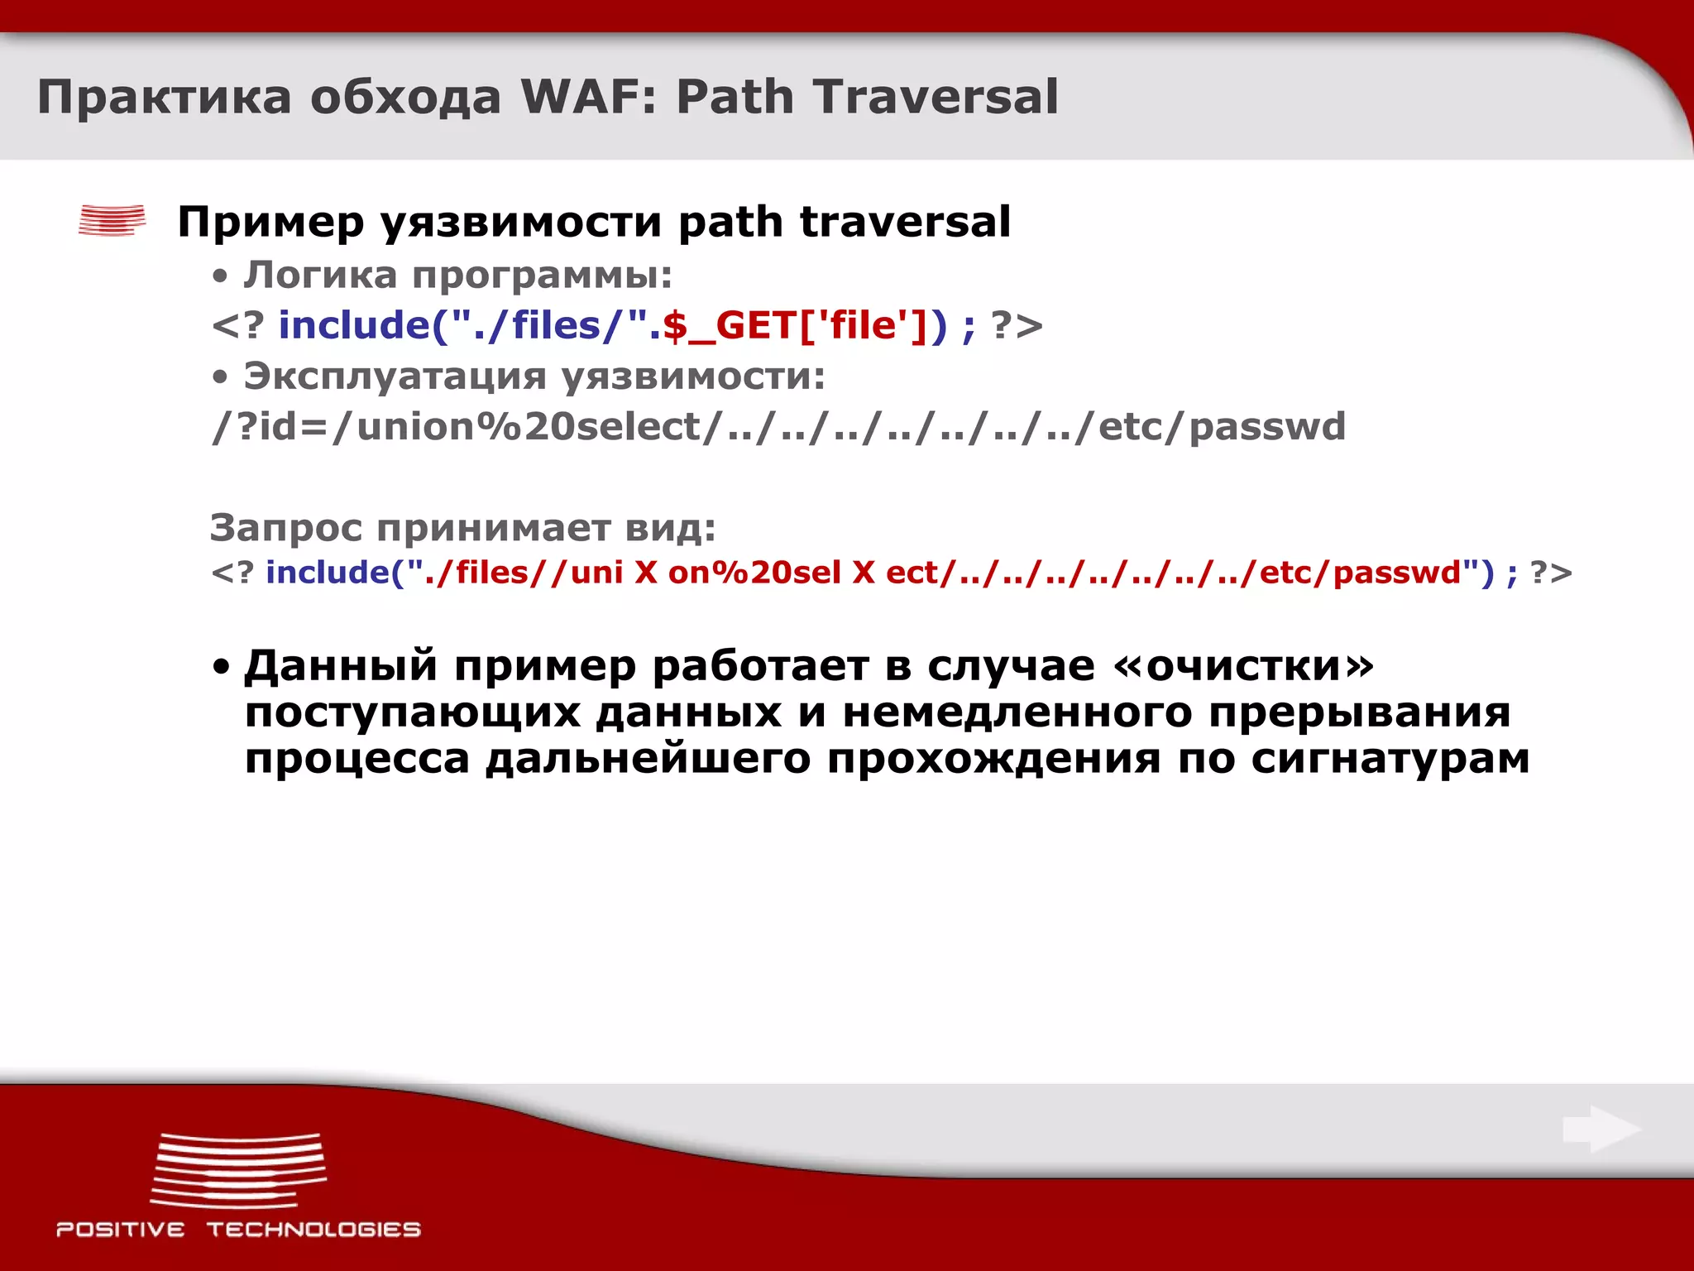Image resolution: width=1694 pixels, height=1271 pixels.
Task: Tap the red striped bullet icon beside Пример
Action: (x=112, y=220)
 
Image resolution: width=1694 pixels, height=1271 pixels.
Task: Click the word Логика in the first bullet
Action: (x=320, y=275)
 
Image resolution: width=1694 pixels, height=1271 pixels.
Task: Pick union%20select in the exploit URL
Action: (x=529, y=427)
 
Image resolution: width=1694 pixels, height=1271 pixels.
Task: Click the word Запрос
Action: (x=285, y=528)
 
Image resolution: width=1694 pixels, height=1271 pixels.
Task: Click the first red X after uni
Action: (x=646, y=573)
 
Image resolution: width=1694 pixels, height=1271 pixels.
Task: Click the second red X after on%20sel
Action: (x=864, y=573)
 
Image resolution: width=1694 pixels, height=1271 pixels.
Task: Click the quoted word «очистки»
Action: (x=1245, y=665)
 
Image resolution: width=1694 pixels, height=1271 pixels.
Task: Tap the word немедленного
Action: (x=1017, y=712)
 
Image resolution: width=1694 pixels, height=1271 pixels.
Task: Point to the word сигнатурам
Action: (x=1390, y=759)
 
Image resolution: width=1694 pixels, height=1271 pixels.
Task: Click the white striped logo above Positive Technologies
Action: (x=238, y=1170)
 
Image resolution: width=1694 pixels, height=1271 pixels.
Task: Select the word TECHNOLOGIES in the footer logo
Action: (x=313, y=1230)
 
